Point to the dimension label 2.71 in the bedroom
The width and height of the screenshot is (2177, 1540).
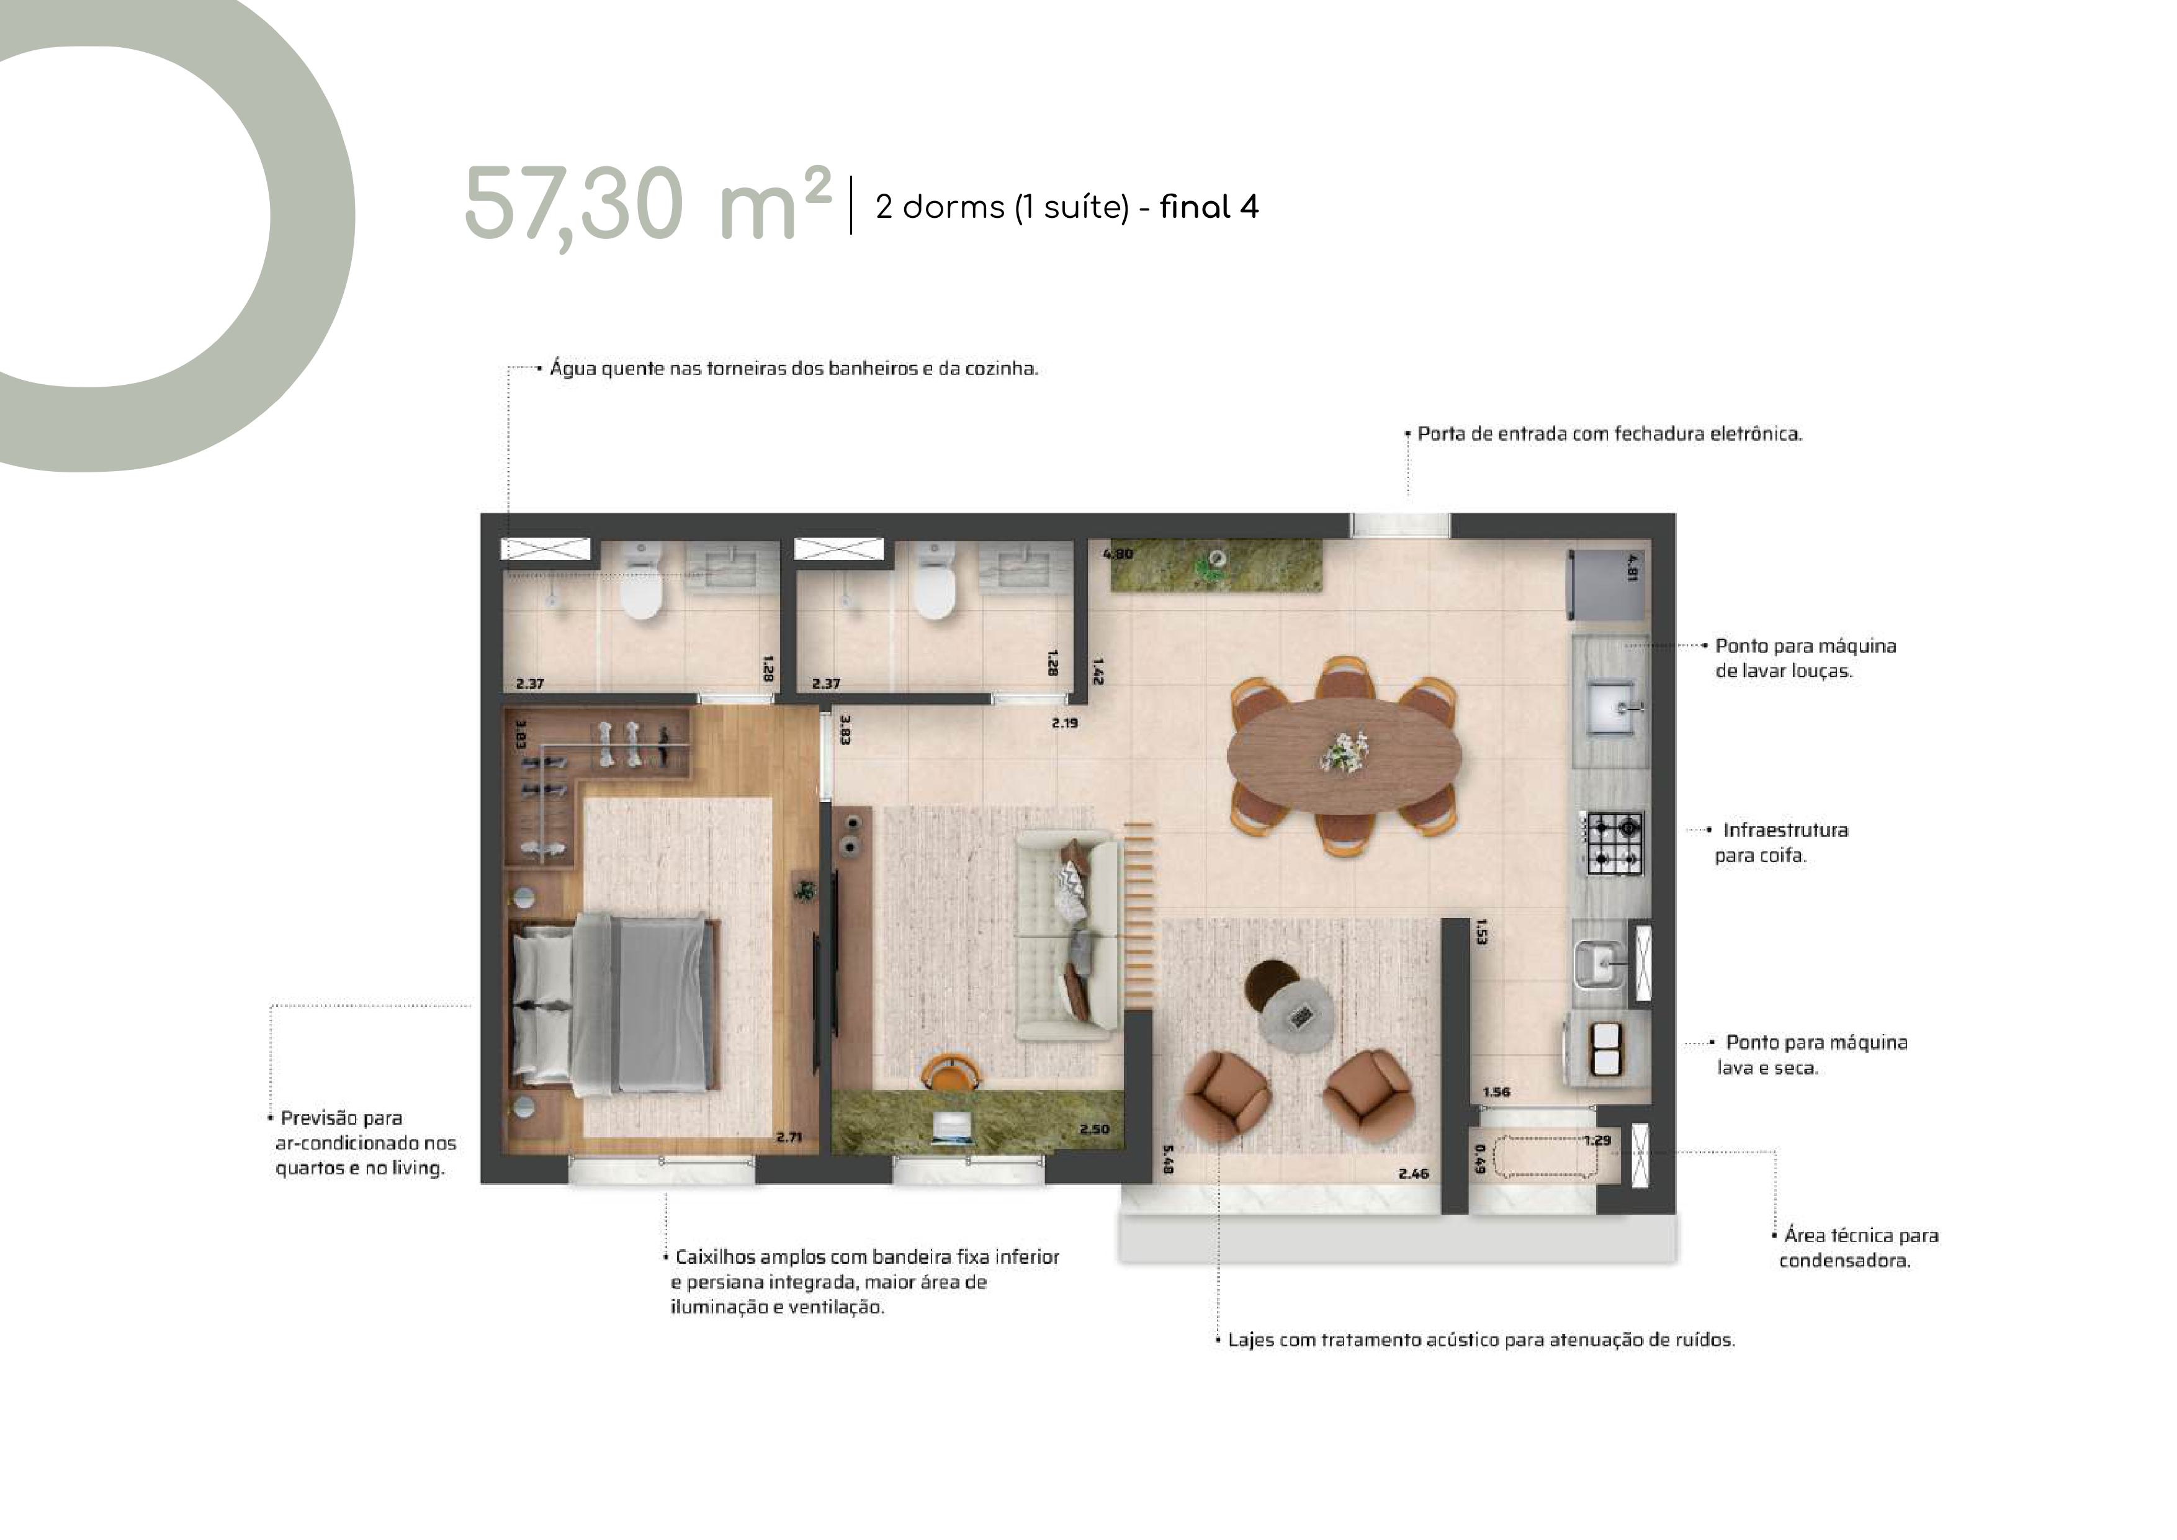(x=789, y=1136)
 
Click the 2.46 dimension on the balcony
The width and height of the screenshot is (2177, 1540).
(x=1413, y=1173)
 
